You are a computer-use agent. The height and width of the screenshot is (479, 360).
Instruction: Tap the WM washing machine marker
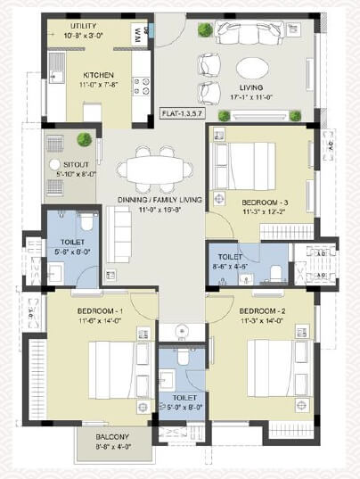pyautogui.click(x=140, y=33)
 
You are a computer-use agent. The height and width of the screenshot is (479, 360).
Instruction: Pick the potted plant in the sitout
pyautogui.click(x=85, y=139)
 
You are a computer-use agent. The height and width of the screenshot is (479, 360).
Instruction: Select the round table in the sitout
pyautogui.click(x=55, y=165)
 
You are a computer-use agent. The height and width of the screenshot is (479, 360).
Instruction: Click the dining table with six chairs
pyautogui.click(x=154, y=168)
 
